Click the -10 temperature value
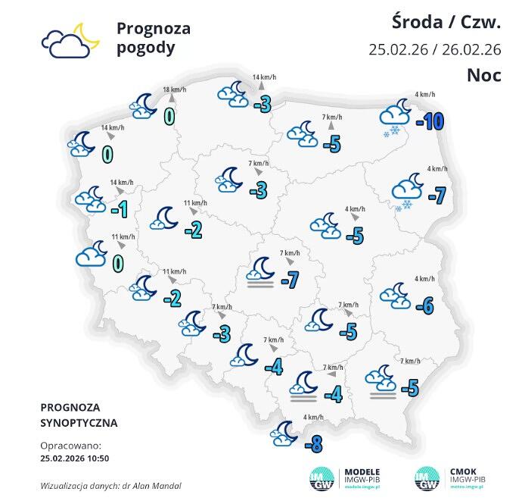[x=428, y=121]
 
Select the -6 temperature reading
[x=424, y=305]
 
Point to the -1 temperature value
[x=118, y=209]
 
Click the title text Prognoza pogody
[x=153, y=38]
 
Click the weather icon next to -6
[x=395, y=295]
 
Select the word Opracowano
[x=69, y=446]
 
